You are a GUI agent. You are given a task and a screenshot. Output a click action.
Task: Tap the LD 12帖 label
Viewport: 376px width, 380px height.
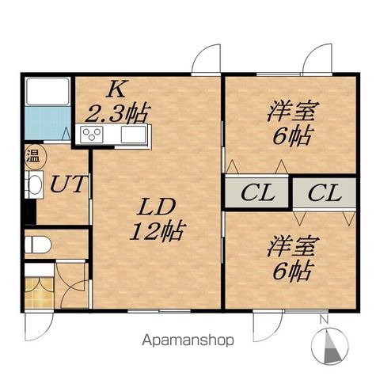click(x=159, y=221)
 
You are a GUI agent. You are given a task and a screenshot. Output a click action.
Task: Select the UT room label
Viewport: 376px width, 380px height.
click(x=69, y=184)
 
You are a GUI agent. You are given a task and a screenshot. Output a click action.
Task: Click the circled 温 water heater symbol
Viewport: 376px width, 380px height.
click(x=33, y=157)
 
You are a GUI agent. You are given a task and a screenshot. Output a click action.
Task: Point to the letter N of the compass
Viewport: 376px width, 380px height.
click(x=324, y=320)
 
